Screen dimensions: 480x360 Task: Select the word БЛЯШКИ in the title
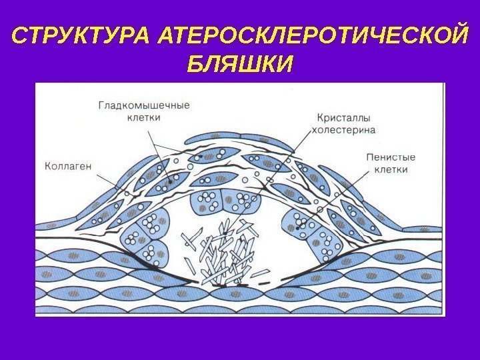(240, 65)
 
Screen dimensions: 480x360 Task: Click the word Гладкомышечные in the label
(144, 105)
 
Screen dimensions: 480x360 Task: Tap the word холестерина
(345, 129)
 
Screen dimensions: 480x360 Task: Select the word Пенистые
(391, 157)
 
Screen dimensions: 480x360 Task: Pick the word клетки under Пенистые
(391, 169)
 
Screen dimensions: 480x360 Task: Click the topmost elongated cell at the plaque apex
(220, 139)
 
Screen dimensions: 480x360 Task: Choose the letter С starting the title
(19, 35)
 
